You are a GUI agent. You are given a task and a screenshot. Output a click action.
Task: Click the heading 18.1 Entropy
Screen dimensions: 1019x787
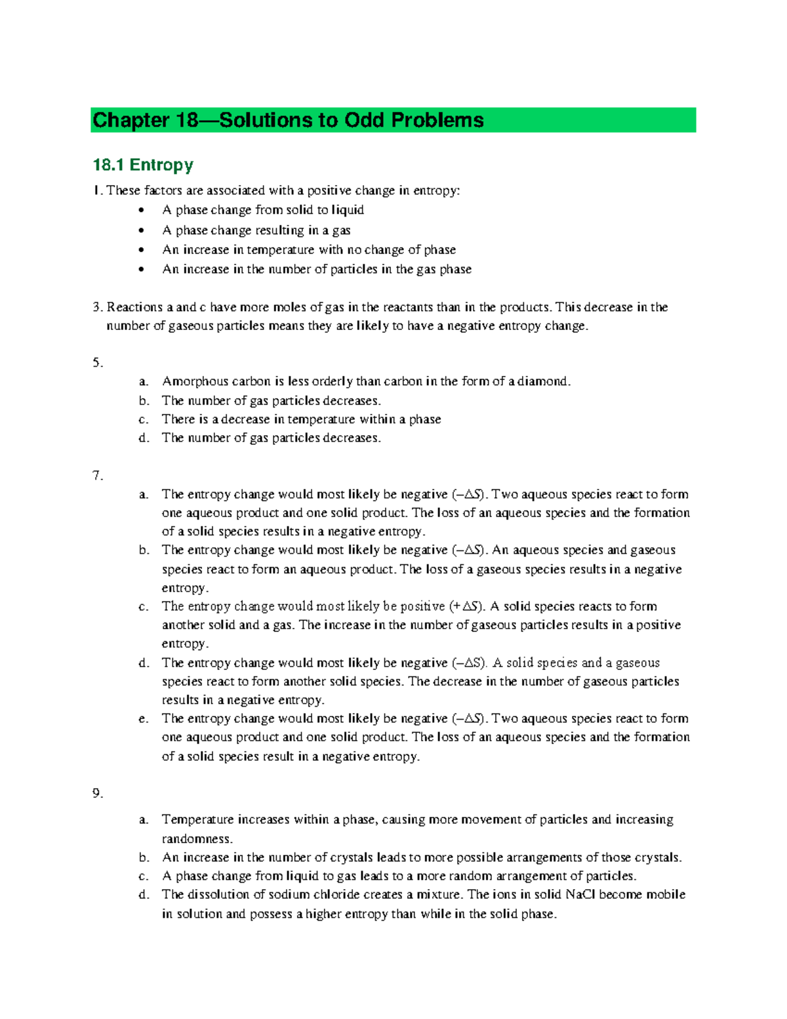coord(142,165)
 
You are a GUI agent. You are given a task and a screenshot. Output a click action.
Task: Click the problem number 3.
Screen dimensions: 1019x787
coord(97,307)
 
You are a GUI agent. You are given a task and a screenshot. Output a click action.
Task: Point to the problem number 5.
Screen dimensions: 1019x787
coord(97,362)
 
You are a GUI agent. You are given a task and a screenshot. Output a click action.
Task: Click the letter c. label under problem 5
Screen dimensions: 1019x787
coord(144,419)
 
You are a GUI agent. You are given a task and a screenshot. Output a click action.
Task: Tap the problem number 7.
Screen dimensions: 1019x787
coord(97,475)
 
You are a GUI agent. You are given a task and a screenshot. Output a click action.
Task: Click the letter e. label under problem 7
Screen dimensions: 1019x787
coord(144,719)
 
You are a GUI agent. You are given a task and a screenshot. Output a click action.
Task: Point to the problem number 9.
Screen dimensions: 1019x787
coord(97,794)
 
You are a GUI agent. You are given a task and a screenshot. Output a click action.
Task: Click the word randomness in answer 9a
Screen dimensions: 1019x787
coord(197,839)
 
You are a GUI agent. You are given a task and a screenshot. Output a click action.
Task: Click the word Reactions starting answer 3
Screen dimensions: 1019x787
coord(131,307)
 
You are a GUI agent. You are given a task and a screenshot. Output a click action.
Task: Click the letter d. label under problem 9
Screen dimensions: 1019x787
coord(144,894)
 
